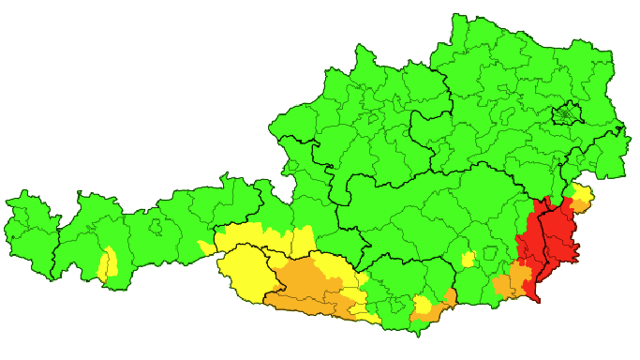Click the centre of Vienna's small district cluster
pos(565,116)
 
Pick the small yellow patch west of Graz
pos(468,259)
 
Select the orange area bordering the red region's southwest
pos(511,281)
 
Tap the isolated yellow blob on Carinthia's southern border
pos(423,306)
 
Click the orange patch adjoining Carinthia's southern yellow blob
pos(443,303)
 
